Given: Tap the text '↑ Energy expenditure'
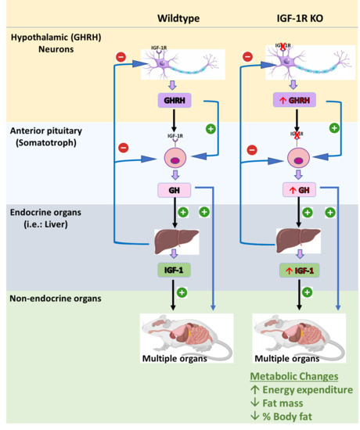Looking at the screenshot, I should point(301,390).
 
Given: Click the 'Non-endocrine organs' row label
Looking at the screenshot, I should point(56,299).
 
